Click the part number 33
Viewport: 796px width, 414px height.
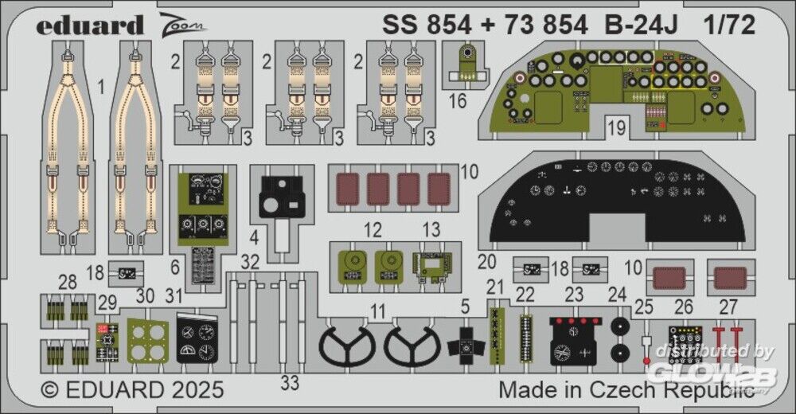pos(291,384)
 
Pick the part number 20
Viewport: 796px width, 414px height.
pos(487,261)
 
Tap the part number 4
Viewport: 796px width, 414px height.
pos(253,237)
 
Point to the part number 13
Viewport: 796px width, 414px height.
pos(431,230)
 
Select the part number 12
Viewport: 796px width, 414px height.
pos(373,230)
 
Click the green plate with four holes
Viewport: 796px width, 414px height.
pos(148,341)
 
